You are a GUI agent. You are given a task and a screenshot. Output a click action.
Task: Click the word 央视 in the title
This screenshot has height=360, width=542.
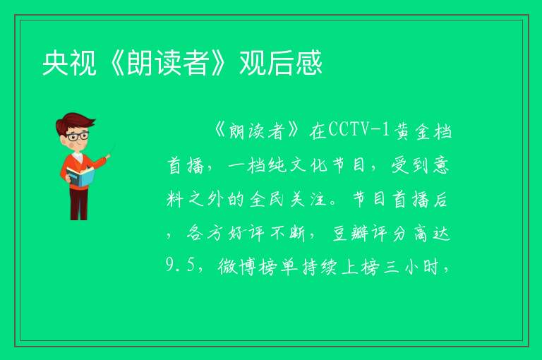click(x=69, y=63)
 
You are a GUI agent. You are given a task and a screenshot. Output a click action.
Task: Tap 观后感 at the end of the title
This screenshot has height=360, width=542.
click(x=281, y=63)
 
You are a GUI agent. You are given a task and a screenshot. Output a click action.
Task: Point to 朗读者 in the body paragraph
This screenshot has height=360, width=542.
click(x=256, y=132)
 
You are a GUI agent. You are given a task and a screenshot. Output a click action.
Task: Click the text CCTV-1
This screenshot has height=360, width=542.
click(x=359, y=131)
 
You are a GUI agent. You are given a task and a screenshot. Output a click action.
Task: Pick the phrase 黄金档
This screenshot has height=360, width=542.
click(x=423, y=131)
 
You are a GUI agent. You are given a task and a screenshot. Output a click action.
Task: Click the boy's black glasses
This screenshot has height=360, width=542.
click(x=78, y=136)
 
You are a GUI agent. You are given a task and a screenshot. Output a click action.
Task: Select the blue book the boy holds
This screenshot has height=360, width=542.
click(x=80, y=177)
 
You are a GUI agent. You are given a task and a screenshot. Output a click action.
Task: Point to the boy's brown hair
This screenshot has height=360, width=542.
click(x=74, y=121)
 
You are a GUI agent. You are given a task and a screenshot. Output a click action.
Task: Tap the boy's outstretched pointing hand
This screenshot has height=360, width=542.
click(x=108, y=157)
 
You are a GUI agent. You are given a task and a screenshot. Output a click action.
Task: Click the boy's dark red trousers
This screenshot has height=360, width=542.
click(x=79, y=203)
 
